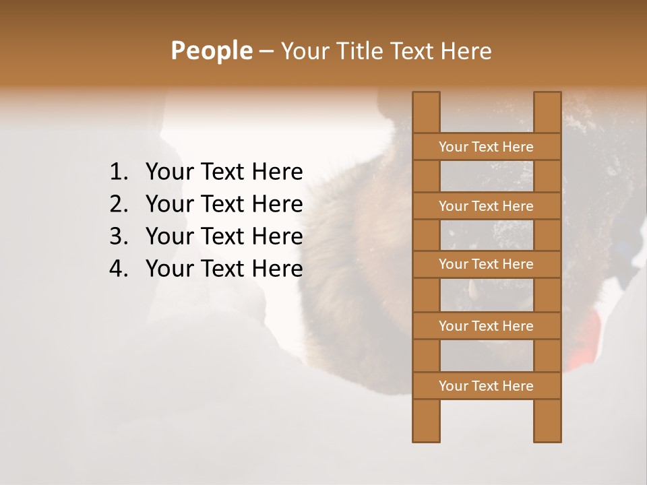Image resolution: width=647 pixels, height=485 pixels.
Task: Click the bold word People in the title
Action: [211, 51]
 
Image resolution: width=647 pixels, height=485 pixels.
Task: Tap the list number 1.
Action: [118, 172]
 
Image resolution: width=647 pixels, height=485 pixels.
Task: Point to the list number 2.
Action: [118, 204]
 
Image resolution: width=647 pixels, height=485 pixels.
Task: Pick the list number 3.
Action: [118, 236]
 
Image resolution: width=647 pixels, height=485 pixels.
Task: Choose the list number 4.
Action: [118, 269]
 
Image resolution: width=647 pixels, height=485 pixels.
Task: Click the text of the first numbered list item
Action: [224, 172]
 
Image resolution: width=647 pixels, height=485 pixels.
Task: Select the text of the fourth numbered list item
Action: [224, 269]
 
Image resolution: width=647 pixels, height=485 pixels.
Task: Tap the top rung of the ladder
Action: [487, 147]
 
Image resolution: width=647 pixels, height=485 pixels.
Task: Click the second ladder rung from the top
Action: [487, 206]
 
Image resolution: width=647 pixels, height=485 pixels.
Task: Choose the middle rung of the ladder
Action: [487, 264]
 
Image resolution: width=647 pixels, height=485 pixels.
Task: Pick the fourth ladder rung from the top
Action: [487, 326]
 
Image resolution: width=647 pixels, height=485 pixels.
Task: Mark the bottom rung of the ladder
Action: [487, 386]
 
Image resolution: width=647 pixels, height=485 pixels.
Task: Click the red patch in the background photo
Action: [588, 337]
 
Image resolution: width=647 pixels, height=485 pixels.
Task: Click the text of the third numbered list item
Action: [224, 236]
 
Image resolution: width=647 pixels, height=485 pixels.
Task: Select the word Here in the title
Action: [466, 51]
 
